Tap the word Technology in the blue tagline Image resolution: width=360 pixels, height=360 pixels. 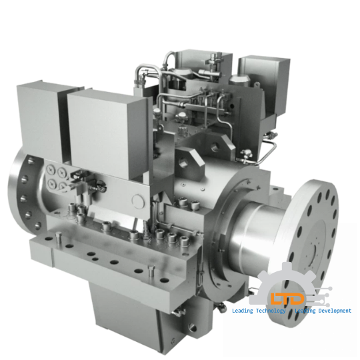pos(268,311)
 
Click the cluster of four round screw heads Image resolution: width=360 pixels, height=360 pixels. pos(57,179)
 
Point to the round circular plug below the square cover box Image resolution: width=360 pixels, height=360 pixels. pos(137,201)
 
